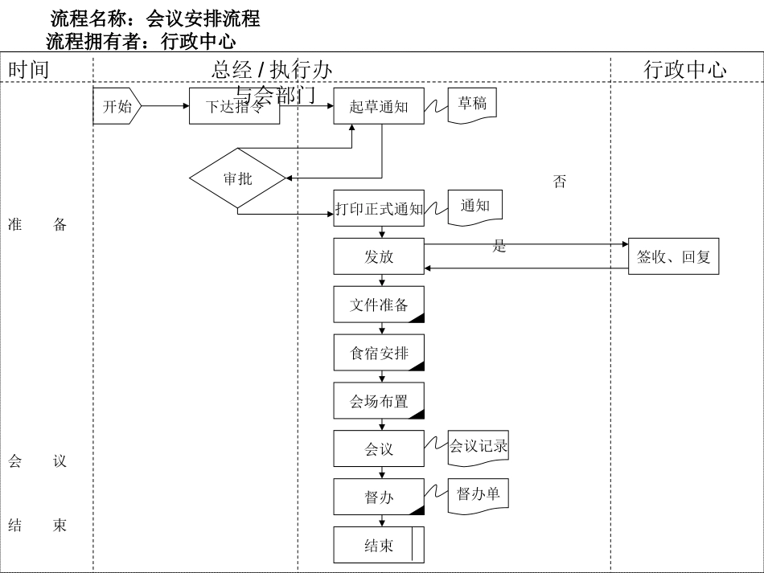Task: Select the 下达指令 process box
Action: click(x=234, y=106)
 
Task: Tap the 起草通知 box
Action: click(x=379, y=106)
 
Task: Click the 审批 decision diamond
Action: click(x=238, y=178)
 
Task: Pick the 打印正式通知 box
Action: click(x=379, y=209)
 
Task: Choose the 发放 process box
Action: click(x=379, y=256)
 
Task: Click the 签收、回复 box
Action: click(x=673, y=256)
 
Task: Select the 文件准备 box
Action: click(x=379, y=305)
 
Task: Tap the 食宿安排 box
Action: click(x=379, y=352)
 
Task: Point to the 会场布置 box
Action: click(x=379, y=400)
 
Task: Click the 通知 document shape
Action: click(x=475, y=206)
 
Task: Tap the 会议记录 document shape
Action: click(x=479, y=447)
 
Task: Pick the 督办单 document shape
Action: click(x=479, y=494)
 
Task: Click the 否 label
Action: click(x=560, y=182)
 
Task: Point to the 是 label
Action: click(x=499, y=247)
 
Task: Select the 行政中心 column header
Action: click(x=685, y=69)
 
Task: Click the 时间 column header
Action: click(x=29, y=69)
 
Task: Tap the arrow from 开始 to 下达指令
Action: click(x=166, y=106)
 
